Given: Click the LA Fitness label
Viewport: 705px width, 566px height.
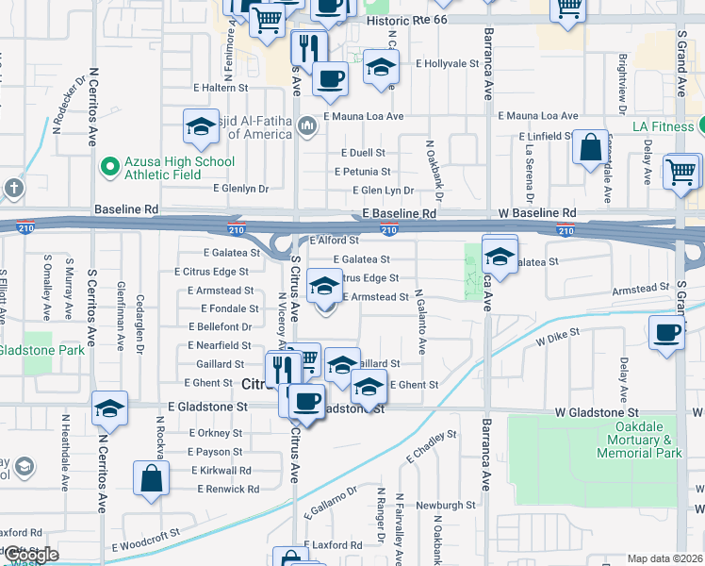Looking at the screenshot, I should click(663, 125).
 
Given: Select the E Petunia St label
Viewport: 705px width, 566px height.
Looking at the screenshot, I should click(364, 172).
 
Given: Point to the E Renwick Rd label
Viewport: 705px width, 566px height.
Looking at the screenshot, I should click(228, 489).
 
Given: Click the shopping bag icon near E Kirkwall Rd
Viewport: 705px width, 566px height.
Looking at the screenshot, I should click(151, 478).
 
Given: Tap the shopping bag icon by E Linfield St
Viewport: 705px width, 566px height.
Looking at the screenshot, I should click(591, 148).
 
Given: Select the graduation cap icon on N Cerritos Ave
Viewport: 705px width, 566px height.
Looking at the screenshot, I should click(109, 409).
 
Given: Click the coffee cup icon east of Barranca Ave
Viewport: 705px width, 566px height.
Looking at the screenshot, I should click(666, 333).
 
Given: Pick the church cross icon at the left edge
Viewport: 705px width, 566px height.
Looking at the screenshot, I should click(13, 187).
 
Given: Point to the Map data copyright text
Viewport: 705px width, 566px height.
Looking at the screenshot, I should click(665, 558).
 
